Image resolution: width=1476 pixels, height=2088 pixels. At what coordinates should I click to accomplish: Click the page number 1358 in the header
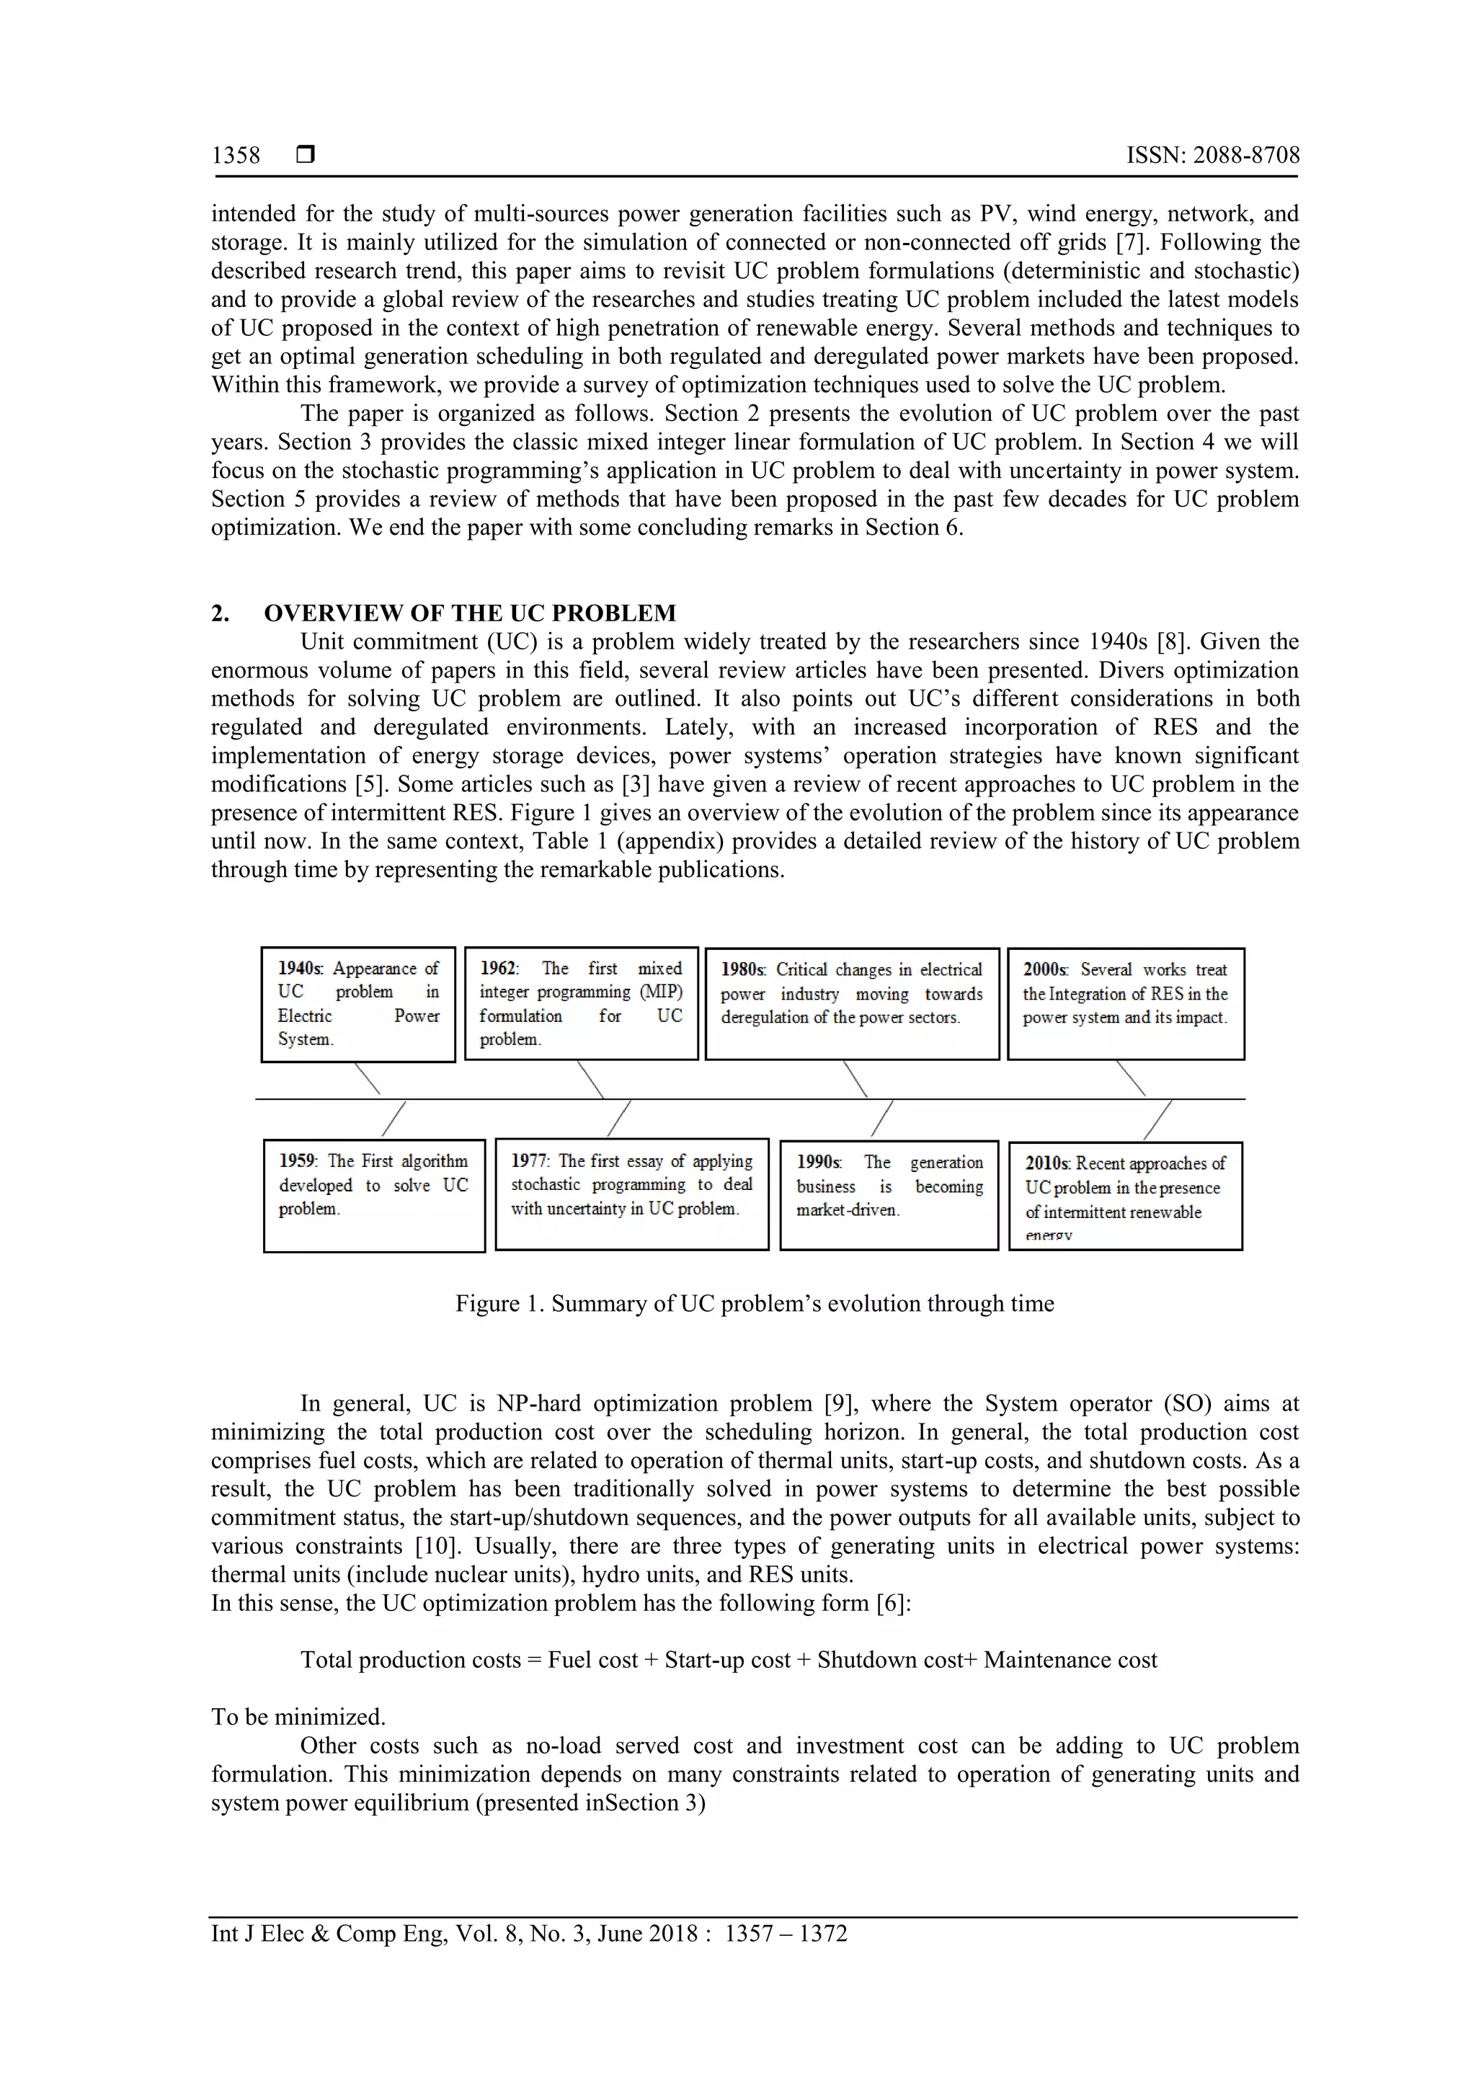(x=236, y=156)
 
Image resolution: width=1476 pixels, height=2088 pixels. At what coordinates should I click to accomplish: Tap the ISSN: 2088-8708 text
(x=1212, y=156)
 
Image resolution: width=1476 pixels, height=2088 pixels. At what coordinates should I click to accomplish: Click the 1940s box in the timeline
(x=358, y=1004)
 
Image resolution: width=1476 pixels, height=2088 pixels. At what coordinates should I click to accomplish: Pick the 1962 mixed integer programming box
(x=581, y=1003)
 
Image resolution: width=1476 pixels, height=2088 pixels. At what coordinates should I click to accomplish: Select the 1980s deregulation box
(x=851, y=1003)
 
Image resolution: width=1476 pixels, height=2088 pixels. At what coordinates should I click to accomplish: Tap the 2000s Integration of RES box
(x=1125, y=1003)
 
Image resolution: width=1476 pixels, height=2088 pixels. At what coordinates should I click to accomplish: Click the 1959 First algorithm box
(x=374, y=1195)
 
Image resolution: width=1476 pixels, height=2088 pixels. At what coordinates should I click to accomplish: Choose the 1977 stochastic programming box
(x=631, y=1194)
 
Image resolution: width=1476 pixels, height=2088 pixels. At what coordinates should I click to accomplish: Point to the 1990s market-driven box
(x=889, y=1195)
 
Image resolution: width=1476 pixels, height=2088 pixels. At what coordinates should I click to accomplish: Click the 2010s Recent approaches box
(x=1125, y=1196)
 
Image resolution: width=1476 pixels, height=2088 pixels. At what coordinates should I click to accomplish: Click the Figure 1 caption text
(x=754, y=1303)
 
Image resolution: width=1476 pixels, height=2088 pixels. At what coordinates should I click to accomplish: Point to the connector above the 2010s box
(x=1157, y=1119)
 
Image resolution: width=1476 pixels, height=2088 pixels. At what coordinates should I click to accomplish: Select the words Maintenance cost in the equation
(x=1070, y=1660)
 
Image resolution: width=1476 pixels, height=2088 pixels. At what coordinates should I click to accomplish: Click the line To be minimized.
(x=298, y=1717)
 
